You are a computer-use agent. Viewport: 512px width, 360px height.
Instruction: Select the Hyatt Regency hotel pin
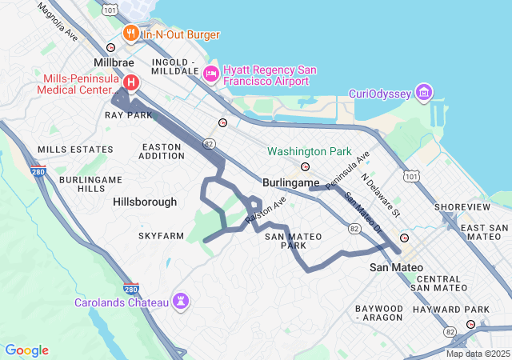pyautogui.click(x=211, y=74)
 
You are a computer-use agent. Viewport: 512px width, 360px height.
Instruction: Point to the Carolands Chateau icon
pyautogui.click(x=183, y=302)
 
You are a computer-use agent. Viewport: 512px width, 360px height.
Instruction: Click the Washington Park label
pyautogui.click(x=310, y=151)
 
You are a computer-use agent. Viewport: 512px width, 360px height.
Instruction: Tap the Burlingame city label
pyautogui.click(x=291, y=182)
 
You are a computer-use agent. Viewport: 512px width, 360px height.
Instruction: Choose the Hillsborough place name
pyautogui.click(x=145, y=202)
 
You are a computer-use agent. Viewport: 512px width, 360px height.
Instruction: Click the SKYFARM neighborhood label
pyautogui.click(x=161, y=236)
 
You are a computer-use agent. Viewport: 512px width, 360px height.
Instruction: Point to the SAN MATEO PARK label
pyautogui.click(x=293, y=241)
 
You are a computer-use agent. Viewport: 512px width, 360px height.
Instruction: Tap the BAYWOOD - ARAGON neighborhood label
pyautogui.click(x=379, y=313)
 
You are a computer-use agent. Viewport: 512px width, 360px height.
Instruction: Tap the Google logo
pyautogui.click(x=26, y=350)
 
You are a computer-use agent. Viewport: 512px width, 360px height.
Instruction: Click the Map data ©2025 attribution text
pyautogui.click(x=477, y=354)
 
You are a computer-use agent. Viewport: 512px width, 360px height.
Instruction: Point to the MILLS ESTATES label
pyautogui.click(x=75, y=150)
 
